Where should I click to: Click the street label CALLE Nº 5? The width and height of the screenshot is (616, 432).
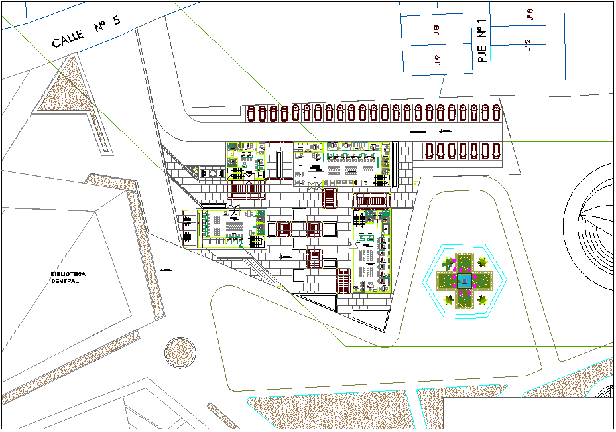[87, 31]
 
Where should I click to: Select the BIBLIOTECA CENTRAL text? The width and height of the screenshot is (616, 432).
[68, 277]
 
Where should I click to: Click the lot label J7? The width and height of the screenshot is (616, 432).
[438, 60]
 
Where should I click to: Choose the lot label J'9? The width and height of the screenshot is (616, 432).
[529, 15]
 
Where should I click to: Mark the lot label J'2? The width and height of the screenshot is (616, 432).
[528, 44]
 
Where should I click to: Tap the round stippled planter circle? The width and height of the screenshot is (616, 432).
[180, 352]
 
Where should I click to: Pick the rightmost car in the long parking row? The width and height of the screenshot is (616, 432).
[495, 113]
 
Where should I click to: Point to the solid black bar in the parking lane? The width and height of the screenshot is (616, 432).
[418, 132]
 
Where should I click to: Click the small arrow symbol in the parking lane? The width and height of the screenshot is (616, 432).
[445, 131]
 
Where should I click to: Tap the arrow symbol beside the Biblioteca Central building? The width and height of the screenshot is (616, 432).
[166, 269]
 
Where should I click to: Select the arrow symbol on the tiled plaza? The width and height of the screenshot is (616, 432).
[286, 256]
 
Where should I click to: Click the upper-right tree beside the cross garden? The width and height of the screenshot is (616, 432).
[482, 264]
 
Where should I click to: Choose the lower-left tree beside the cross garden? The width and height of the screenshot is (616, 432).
[450, 299]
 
